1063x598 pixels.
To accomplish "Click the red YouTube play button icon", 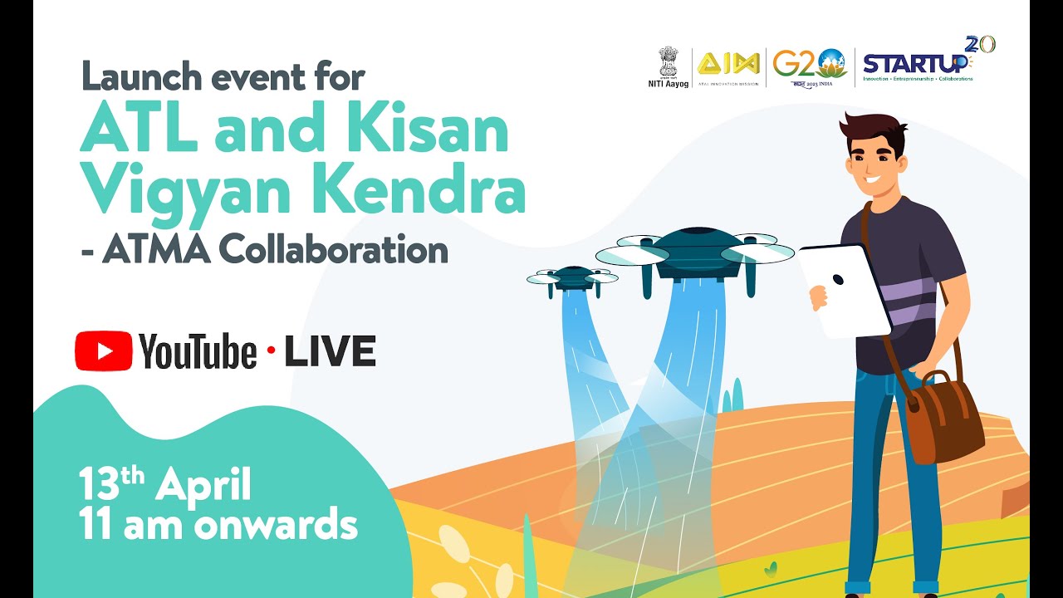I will (x=103, y=351).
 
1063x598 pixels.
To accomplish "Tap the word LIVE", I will (x=331, y=352).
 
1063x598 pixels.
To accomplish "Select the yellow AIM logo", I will (x=727, y=64).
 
